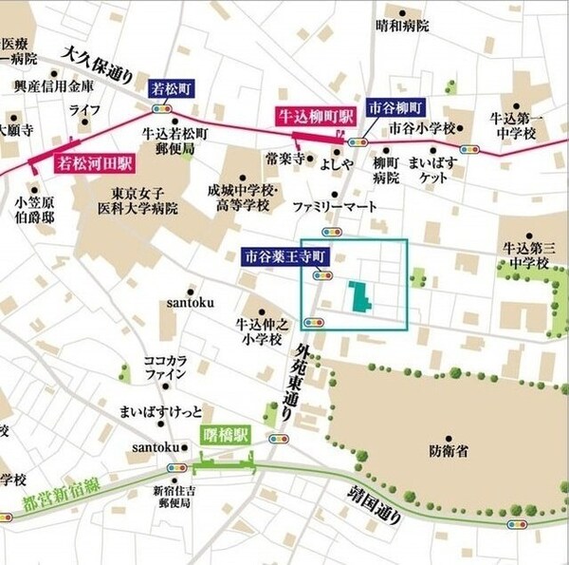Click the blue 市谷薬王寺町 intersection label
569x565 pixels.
tap(284, 256)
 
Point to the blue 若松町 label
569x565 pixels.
tap(171, 88)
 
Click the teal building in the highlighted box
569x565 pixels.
tap(358, 297)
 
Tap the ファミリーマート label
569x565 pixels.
tap(334, 206)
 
